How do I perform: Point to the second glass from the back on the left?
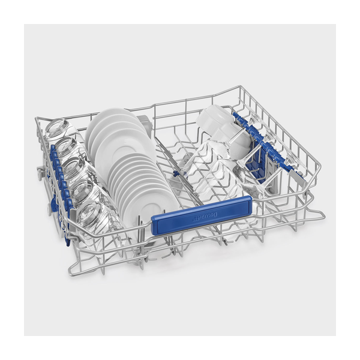[x=66, y=149]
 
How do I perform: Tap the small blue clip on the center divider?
[x=176, y=173]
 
